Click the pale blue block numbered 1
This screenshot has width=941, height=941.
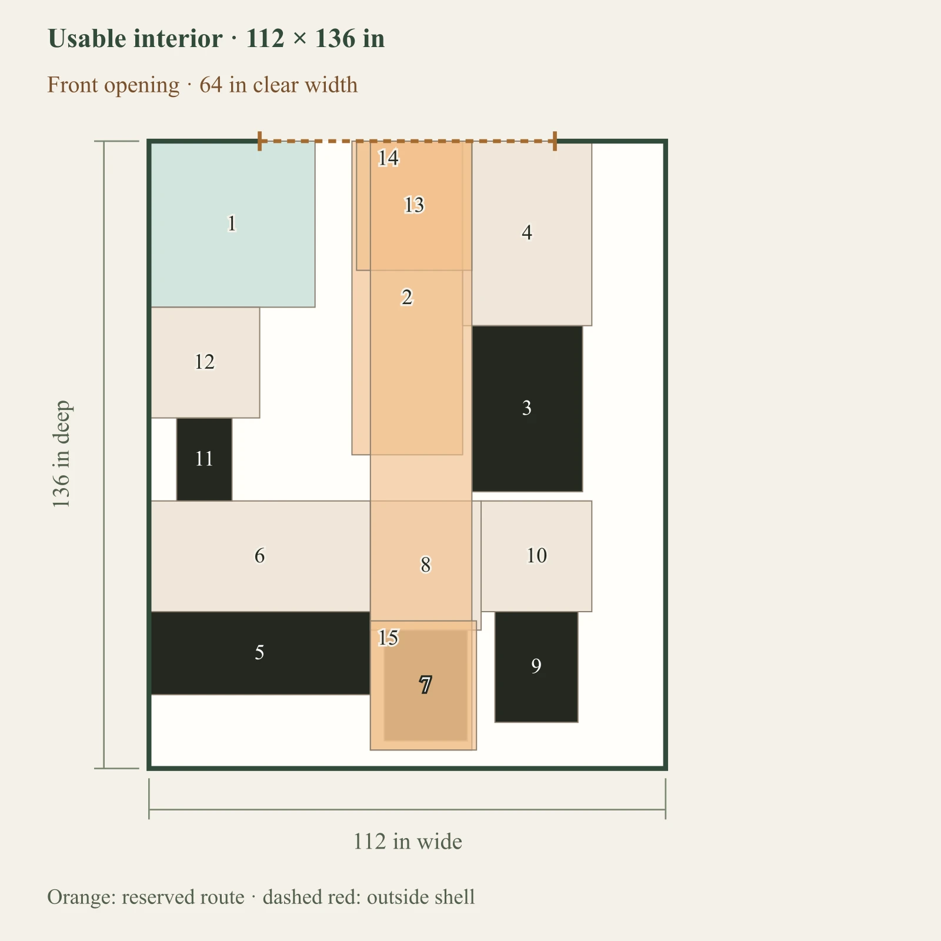[x=232, y=224]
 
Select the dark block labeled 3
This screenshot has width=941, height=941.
[x=527, y=408]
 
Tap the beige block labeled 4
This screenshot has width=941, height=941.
[x=532, y=233]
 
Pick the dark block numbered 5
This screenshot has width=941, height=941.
[x=260, y=653]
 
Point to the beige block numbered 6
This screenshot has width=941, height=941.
[x=260, y=556]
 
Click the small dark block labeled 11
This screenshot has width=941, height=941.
[x=204, y=459]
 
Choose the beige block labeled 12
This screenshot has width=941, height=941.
[x=205, y=362]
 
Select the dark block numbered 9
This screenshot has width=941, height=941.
[x=536, y=667]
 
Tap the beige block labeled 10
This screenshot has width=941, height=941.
[x=536, y=556]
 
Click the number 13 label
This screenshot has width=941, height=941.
[x=414, y=205]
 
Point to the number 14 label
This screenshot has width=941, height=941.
[x=388, y=158]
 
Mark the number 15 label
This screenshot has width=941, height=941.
[x=388, y=638]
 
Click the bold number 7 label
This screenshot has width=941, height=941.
[x=425, y=685]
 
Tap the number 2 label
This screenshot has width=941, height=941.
[x=407, y=298]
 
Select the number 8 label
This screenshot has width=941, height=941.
[x=425, y=565]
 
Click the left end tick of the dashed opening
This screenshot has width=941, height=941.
[x=260, y=141]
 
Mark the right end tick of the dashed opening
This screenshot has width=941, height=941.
[x=555, y=141]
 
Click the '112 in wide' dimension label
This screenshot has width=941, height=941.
[x=408, y=842]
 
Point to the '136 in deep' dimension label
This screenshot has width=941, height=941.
[x=61, y=455]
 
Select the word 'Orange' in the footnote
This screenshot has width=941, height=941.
[x=82, y=897]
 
